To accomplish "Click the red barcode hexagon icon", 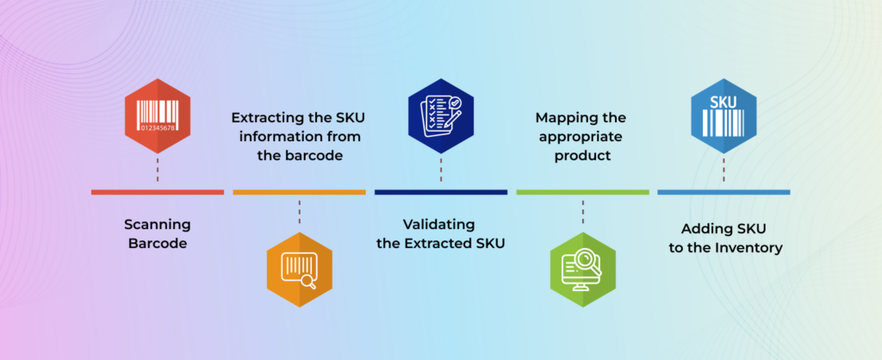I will tap(158, 115).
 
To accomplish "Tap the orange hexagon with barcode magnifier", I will tap(299, 267).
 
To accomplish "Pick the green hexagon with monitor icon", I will tap(582, 267).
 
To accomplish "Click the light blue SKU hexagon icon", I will tap(724, 115).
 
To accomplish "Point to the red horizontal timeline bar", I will tap(158, 192).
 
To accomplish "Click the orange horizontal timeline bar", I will tap(299, 192).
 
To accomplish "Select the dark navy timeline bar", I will tap(440, 192).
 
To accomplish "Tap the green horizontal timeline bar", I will tap(582, 192).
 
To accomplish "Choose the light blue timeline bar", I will tap(724, 192).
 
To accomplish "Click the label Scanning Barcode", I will tap(158, 234).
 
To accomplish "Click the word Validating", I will tap(440, 225).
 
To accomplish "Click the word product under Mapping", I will tap(582, 156).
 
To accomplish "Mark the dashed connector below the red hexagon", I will tap(158, 170).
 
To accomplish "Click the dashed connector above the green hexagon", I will tap(582, 214).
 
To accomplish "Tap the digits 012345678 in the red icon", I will tap(158, 129).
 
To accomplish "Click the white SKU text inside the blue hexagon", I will tap(724, 102).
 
